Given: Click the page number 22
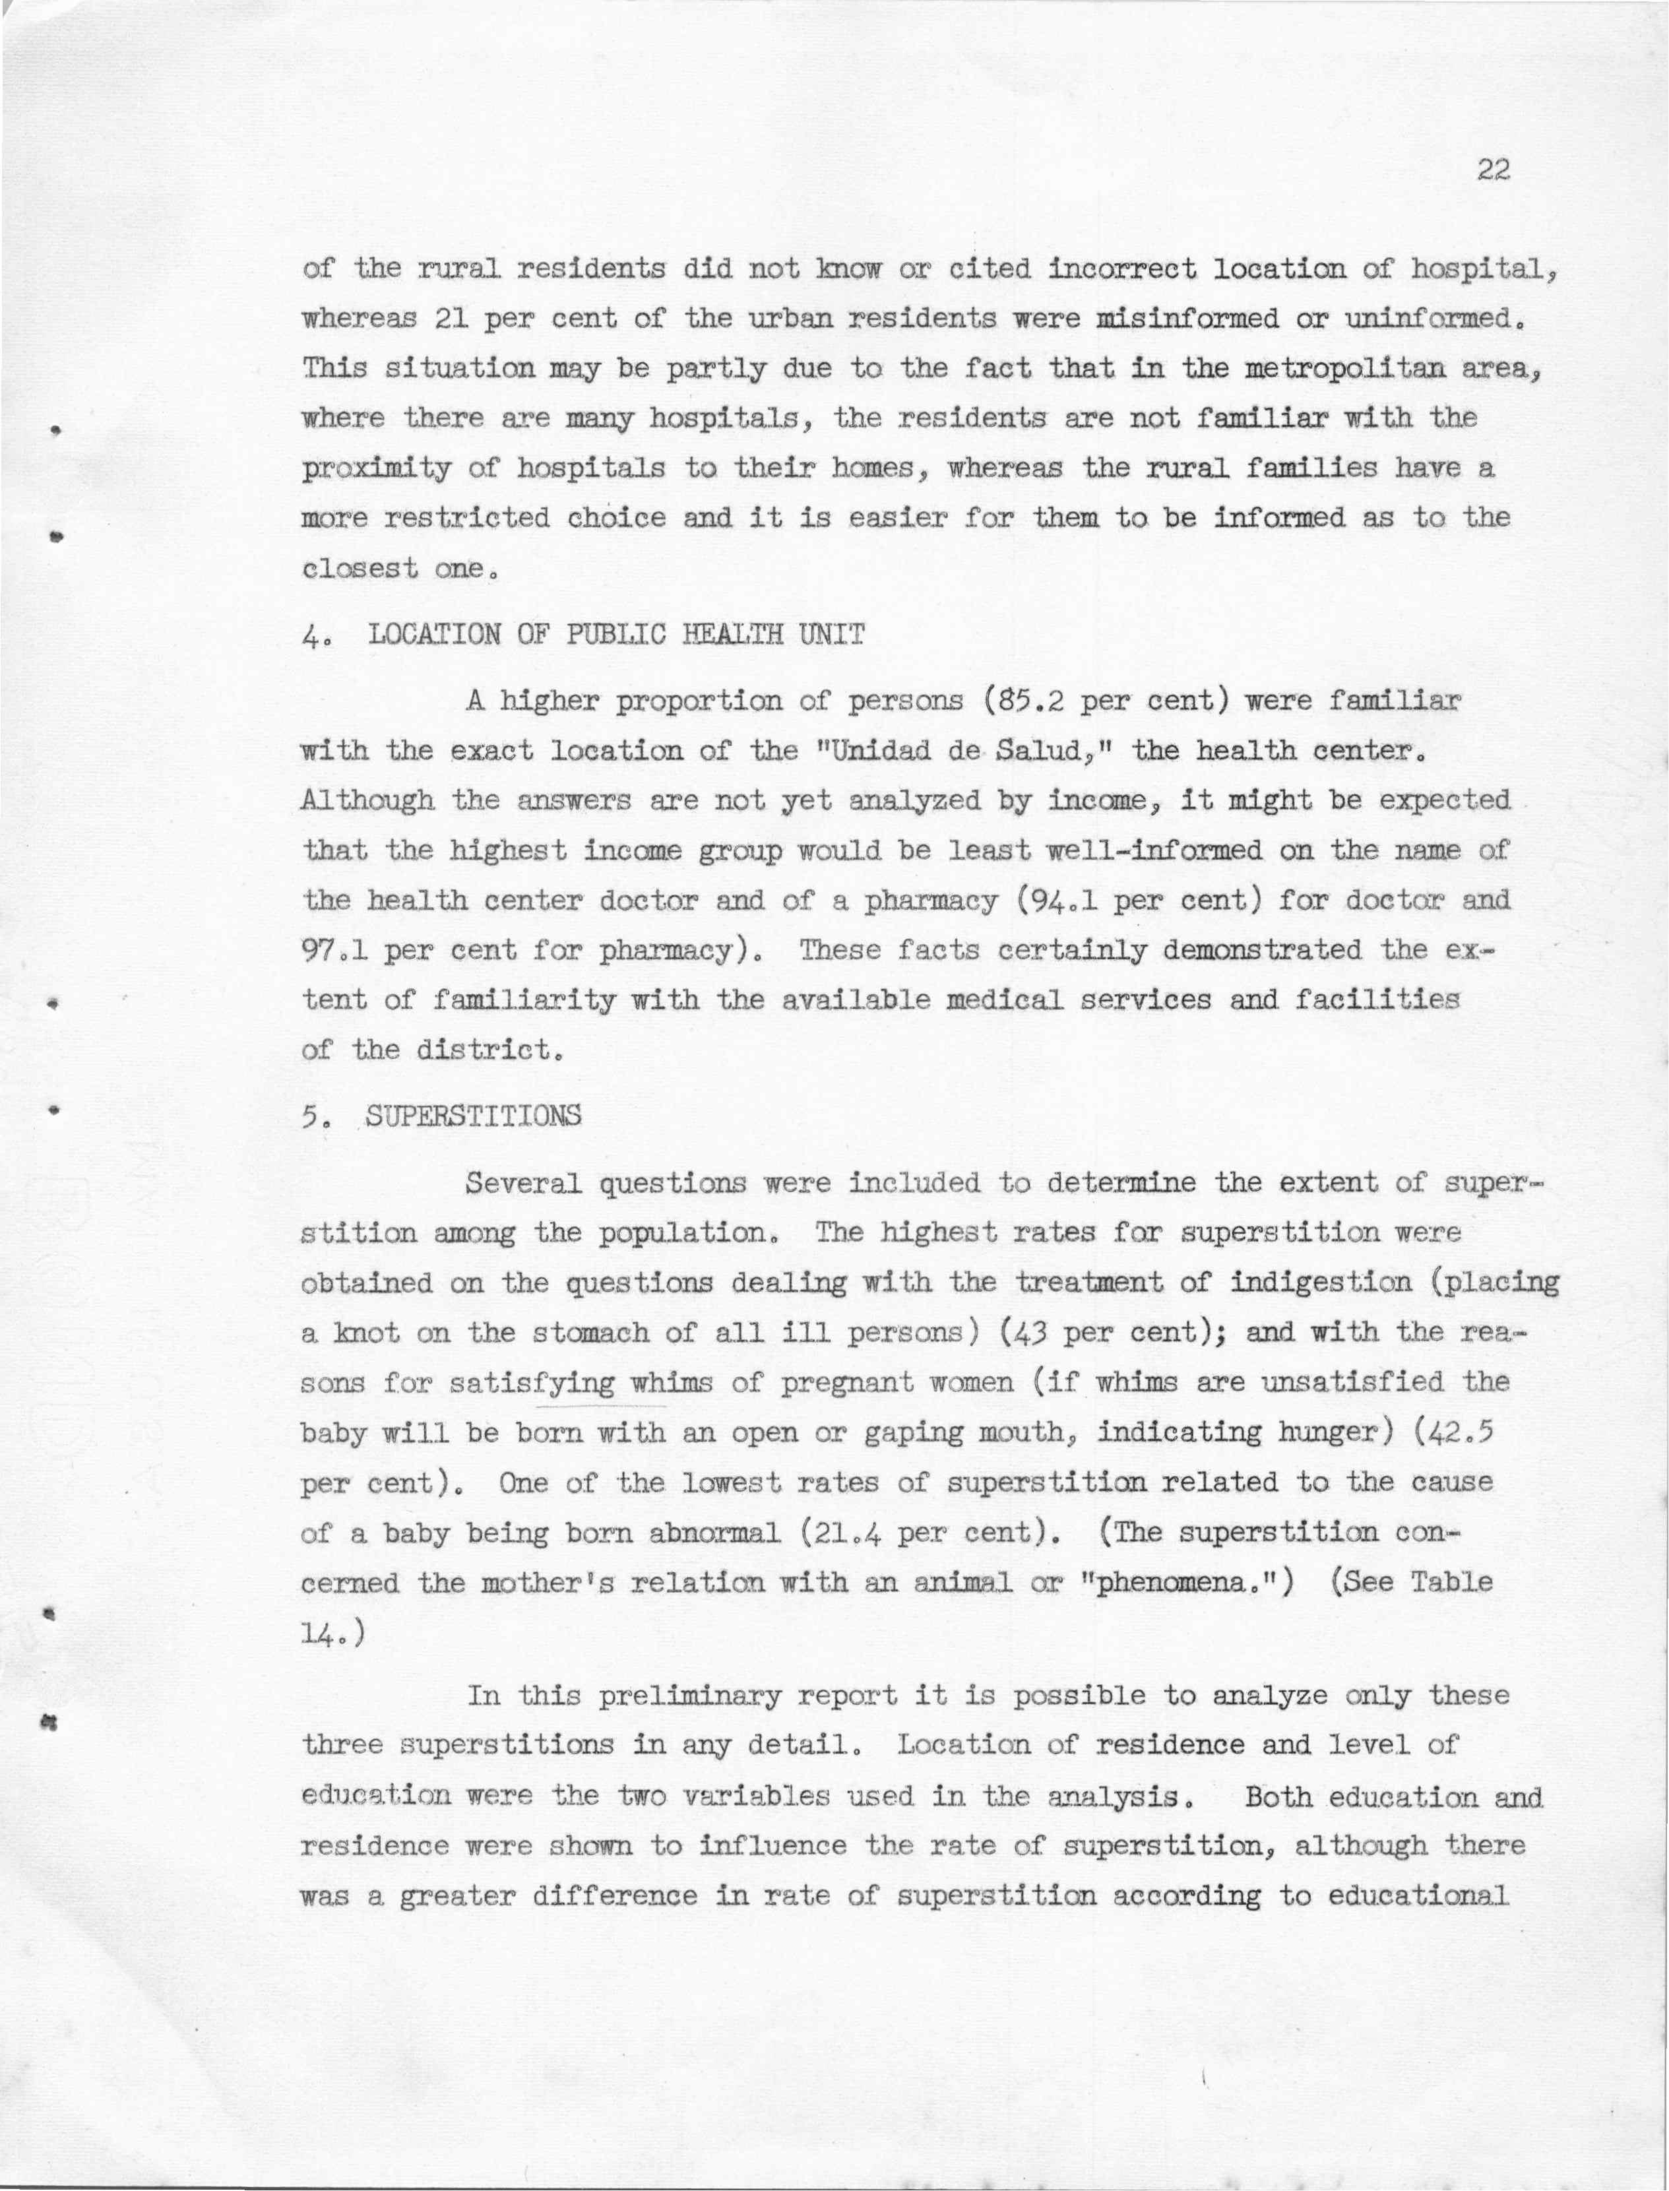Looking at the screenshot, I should (x=1492, y=170).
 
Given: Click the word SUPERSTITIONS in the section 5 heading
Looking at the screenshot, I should (x=473, y=1116).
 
